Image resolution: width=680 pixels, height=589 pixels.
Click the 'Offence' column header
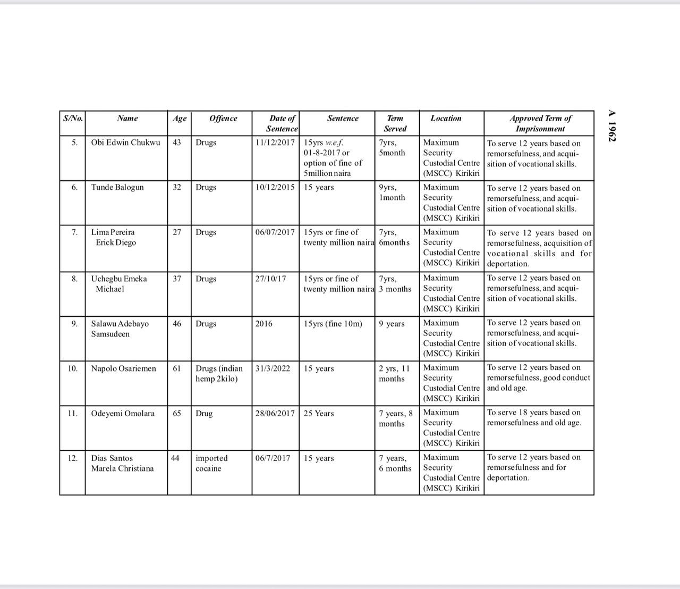tap(223, 119)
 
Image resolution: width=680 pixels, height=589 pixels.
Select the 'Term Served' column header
tap(395, 123)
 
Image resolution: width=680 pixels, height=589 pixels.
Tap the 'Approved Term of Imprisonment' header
tap(540, 123)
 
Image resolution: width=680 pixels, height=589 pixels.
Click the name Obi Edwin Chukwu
tap(125, 142)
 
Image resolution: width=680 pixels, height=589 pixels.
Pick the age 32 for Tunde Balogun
tap(177, 187)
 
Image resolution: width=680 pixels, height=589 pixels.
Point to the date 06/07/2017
tap(275, 232)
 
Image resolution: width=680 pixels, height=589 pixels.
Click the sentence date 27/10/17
tap(270, 279)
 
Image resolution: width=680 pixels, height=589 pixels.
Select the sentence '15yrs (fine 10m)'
tap(333, 324)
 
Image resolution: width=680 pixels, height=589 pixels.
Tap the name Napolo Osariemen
tap(124, 368)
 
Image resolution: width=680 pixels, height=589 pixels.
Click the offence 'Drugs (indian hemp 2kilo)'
tap(219, 374)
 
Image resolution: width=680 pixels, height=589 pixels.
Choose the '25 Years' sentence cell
tap(319, 414)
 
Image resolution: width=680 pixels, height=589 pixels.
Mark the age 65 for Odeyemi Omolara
tap(177, 414)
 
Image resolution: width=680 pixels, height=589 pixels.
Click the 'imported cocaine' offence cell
tap(211, 463)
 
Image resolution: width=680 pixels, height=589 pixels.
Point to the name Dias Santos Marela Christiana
tap(122, 463)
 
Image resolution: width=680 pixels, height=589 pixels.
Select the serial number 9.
tap(74, 324)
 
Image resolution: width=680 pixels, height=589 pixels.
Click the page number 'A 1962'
tap(612, 125)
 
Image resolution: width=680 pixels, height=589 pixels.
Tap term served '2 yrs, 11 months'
tap(394, 374)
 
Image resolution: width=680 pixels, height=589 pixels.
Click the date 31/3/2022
tap(273, 368)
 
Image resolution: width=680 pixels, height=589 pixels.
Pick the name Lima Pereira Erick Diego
tap(113, 237)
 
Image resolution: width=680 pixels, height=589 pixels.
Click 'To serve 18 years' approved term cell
tap(534, 417)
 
